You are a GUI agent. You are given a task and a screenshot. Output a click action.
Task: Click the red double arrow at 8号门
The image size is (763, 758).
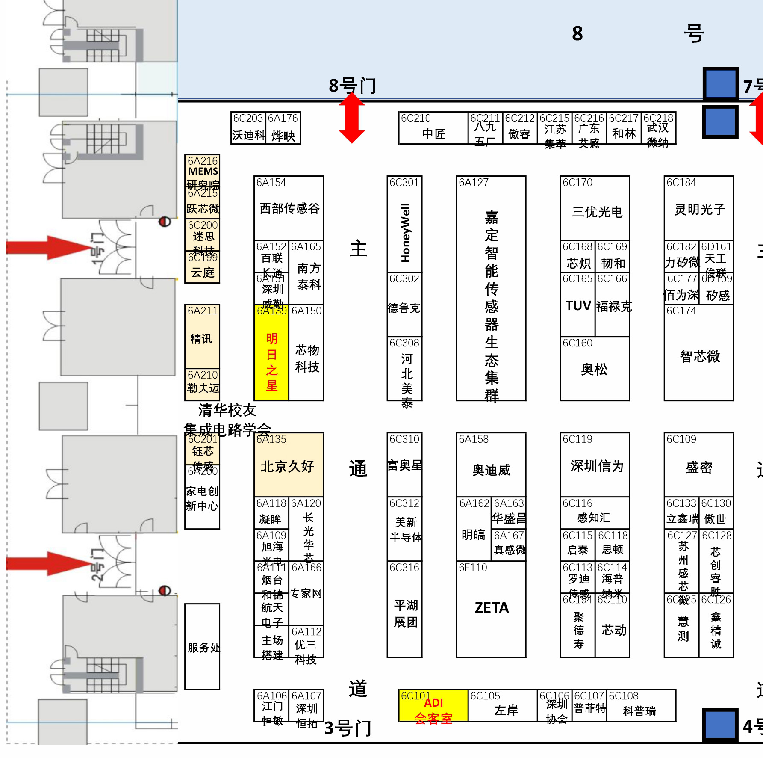click(352, 118)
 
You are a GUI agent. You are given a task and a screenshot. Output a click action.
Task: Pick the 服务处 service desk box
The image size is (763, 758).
click(202, 646)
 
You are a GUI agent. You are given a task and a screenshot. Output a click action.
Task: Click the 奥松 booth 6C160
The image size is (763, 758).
click(595, 369)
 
